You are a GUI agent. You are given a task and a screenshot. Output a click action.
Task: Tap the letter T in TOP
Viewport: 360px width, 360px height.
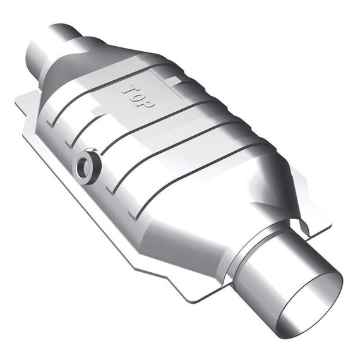click(x=130, y=90)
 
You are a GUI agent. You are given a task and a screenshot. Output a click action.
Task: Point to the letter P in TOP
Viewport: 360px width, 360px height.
click(x=147, y=104)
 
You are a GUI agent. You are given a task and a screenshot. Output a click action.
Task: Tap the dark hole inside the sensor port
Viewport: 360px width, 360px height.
click(x=83, y=167)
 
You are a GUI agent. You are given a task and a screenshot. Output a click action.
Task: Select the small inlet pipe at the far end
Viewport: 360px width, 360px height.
click(x=53, y=51)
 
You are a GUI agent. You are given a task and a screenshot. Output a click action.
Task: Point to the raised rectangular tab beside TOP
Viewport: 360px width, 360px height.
click(x=175, y=81)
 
